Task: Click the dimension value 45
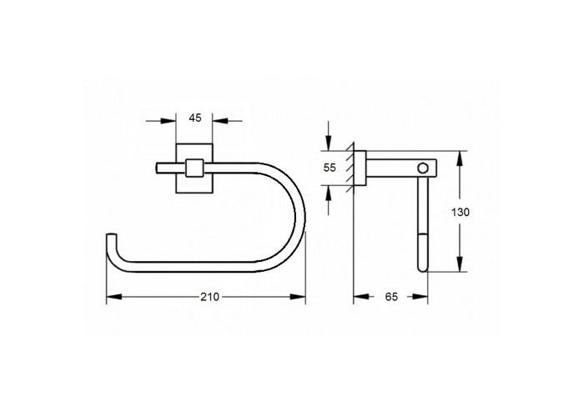(195, 118)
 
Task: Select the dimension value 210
(209, 297)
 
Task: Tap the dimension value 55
(330, 168)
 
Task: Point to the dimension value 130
(461, 213)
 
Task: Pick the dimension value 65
(391, 297)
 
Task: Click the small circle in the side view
(423, 168)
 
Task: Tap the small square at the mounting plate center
(194, 168)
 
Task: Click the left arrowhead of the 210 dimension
(114, 297)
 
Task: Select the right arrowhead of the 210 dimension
(298, 297)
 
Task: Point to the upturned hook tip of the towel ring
(112, 235)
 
